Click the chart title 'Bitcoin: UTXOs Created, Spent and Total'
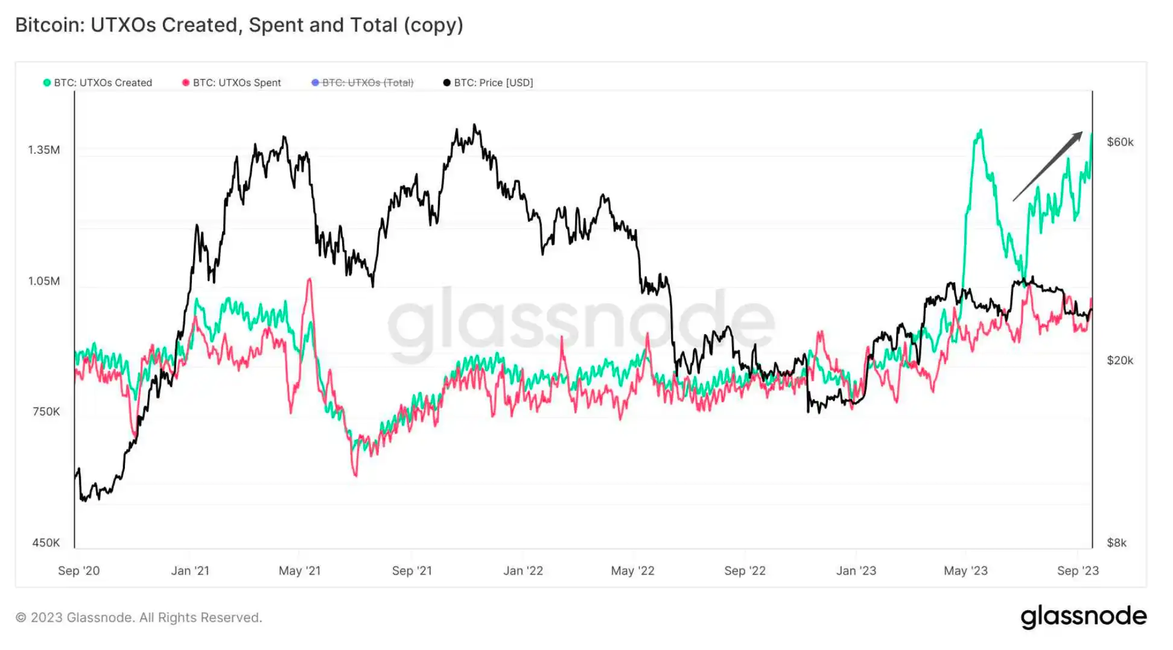[239, 25]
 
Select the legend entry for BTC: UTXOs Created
[103, 83]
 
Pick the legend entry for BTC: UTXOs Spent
[237, 83]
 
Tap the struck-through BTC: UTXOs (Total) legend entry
[367, 83]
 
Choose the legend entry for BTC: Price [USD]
[493, 83]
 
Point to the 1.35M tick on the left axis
[44, 150]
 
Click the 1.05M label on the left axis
[44, 281]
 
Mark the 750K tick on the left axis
[46, 412]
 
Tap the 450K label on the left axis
[46, 543]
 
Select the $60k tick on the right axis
[1120, 142]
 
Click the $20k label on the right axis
[1120, 361]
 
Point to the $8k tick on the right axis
[1116, 543]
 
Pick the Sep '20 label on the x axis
[79, 570]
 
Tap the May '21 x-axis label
[300, 570]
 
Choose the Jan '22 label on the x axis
[523, 570]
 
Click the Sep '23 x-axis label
[1078, 570]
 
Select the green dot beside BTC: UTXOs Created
[47, 83]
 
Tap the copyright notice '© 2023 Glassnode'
[139, 617]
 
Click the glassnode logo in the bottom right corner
[1084, 617]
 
